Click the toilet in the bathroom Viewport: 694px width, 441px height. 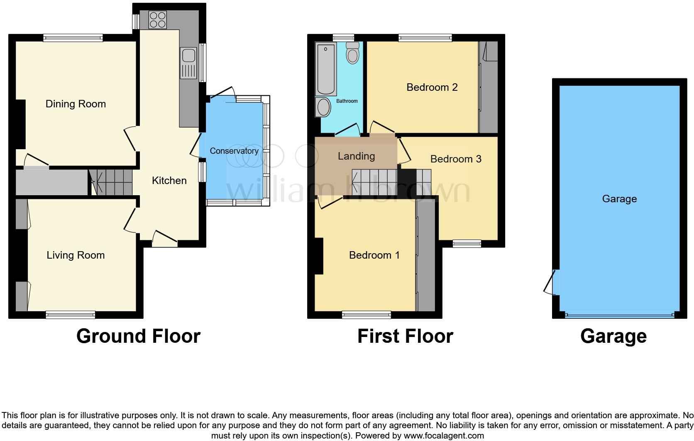coord(352,53)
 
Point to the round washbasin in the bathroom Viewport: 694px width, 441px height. coord(323,107)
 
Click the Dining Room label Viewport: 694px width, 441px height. coord(76,104)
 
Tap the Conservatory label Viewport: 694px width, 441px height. coord(234,151)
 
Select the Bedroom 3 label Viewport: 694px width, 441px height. coord(456,159)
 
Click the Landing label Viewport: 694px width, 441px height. coord(356,156)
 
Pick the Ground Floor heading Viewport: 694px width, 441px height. coord(138,336)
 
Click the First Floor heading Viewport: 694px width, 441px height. coord(405,336)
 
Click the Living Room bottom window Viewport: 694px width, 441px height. coord(71,315)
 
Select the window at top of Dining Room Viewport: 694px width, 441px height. coord(73,38)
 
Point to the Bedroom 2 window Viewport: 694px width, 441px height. coord(425,38)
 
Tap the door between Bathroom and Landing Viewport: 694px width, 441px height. coord(348,130)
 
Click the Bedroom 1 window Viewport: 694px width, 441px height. coord(367,315)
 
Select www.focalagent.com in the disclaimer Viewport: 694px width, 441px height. coord(444,436)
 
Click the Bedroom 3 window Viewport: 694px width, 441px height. coord(467,244)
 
